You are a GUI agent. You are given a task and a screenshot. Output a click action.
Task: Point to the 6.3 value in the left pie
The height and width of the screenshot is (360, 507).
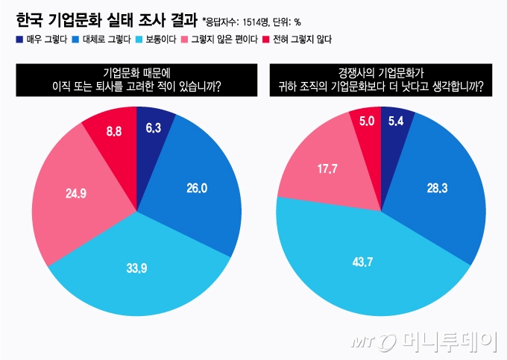pyautogui.click(x=154, y=127)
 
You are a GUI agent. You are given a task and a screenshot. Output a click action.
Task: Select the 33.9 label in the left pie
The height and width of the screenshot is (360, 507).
pyautogui.click(x=137, y=266)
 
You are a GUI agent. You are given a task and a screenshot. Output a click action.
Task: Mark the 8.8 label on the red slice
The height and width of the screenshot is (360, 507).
pyautogui.click(x=114, y=131)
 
